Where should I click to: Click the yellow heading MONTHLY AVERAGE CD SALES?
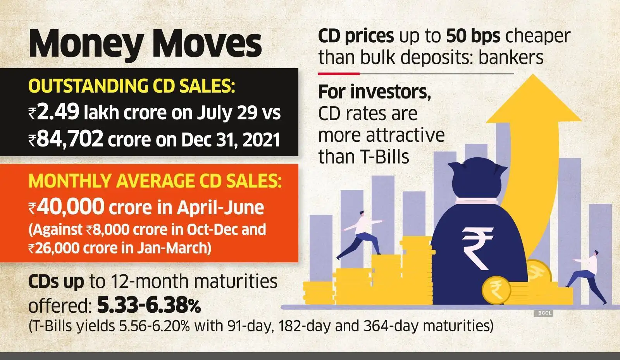click(x=155, y=181)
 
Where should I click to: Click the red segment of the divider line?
click(x=339, y=73)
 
